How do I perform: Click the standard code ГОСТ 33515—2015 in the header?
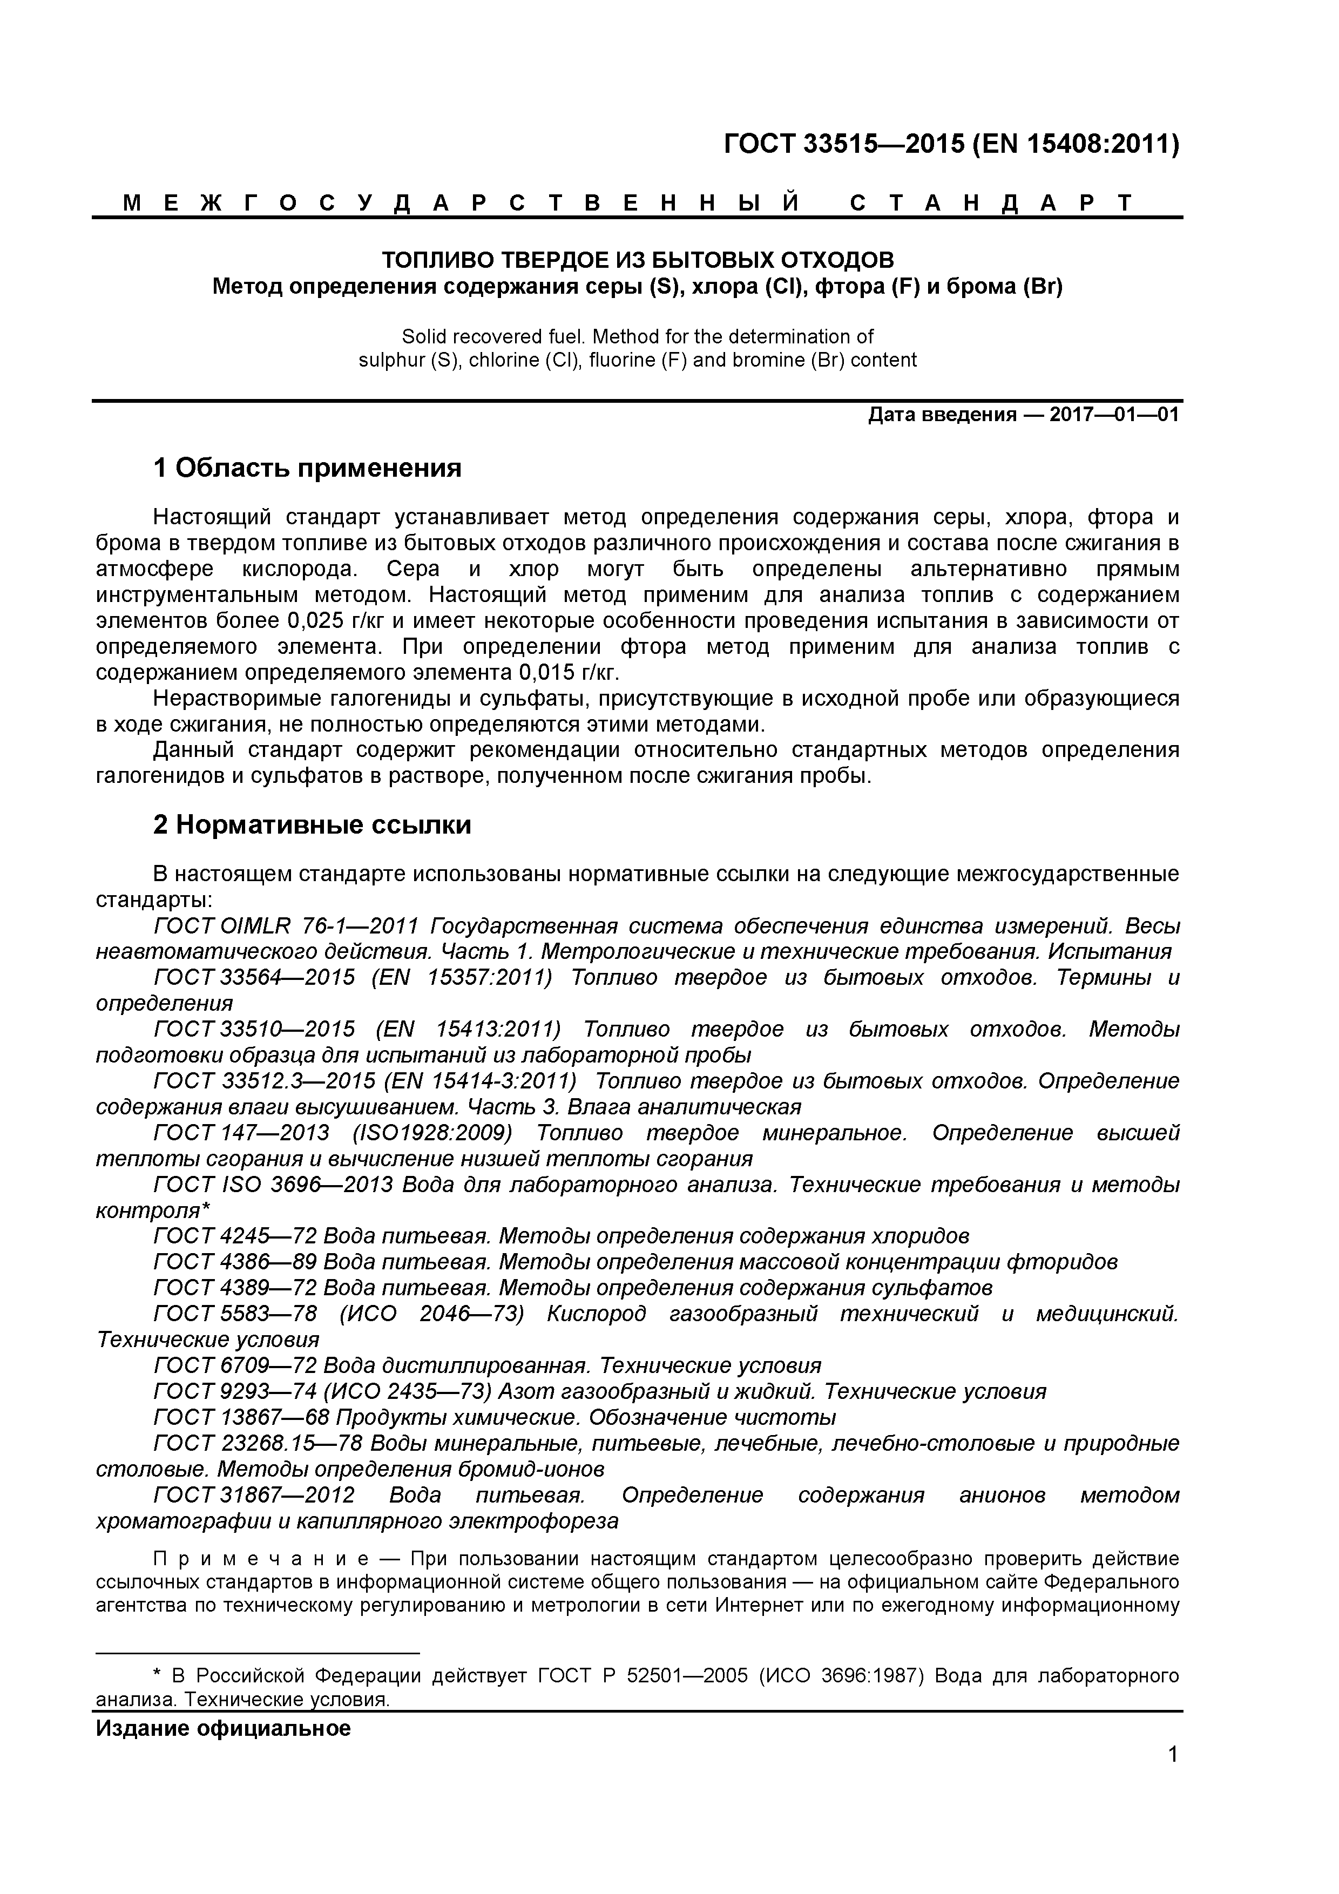(x=843, y=145)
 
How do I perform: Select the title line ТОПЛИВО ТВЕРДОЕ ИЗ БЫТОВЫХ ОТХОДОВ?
(x=637, y=261)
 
